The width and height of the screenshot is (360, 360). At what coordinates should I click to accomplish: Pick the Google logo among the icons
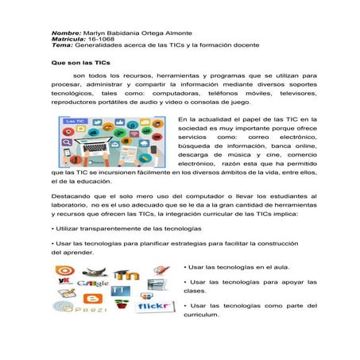pyautogui.click(x=94, y=284)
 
